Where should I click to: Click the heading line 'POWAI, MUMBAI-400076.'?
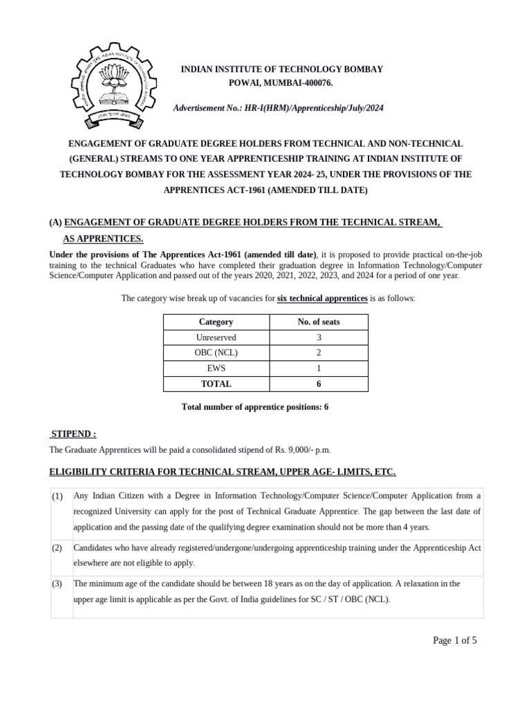pos(281,83)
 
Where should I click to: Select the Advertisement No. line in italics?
pos(281,109)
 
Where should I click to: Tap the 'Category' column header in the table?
pos(216,322)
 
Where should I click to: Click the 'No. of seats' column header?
pos(318,322)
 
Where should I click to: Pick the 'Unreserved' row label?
pos(216,337)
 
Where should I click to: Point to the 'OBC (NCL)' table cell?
pos(216,353)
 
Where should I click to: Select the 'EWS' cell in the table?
pos(216,369)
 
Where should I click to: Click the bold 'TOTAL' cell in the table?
pos(216,384)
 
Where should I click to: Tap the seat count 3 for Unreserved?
pos(318,337)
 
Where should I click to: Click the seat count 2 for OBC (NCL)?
pos(318,353)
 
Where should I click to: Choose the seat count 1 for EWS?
pos(318,369)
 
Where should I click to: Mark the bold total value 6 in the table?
pos(318,384)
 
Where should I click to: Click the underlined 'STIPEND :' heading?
pos(73,434)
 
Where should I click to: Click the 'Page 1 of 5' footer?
pos(454,640)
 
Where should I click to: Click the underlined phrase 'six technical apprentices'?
pos(322,298)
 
